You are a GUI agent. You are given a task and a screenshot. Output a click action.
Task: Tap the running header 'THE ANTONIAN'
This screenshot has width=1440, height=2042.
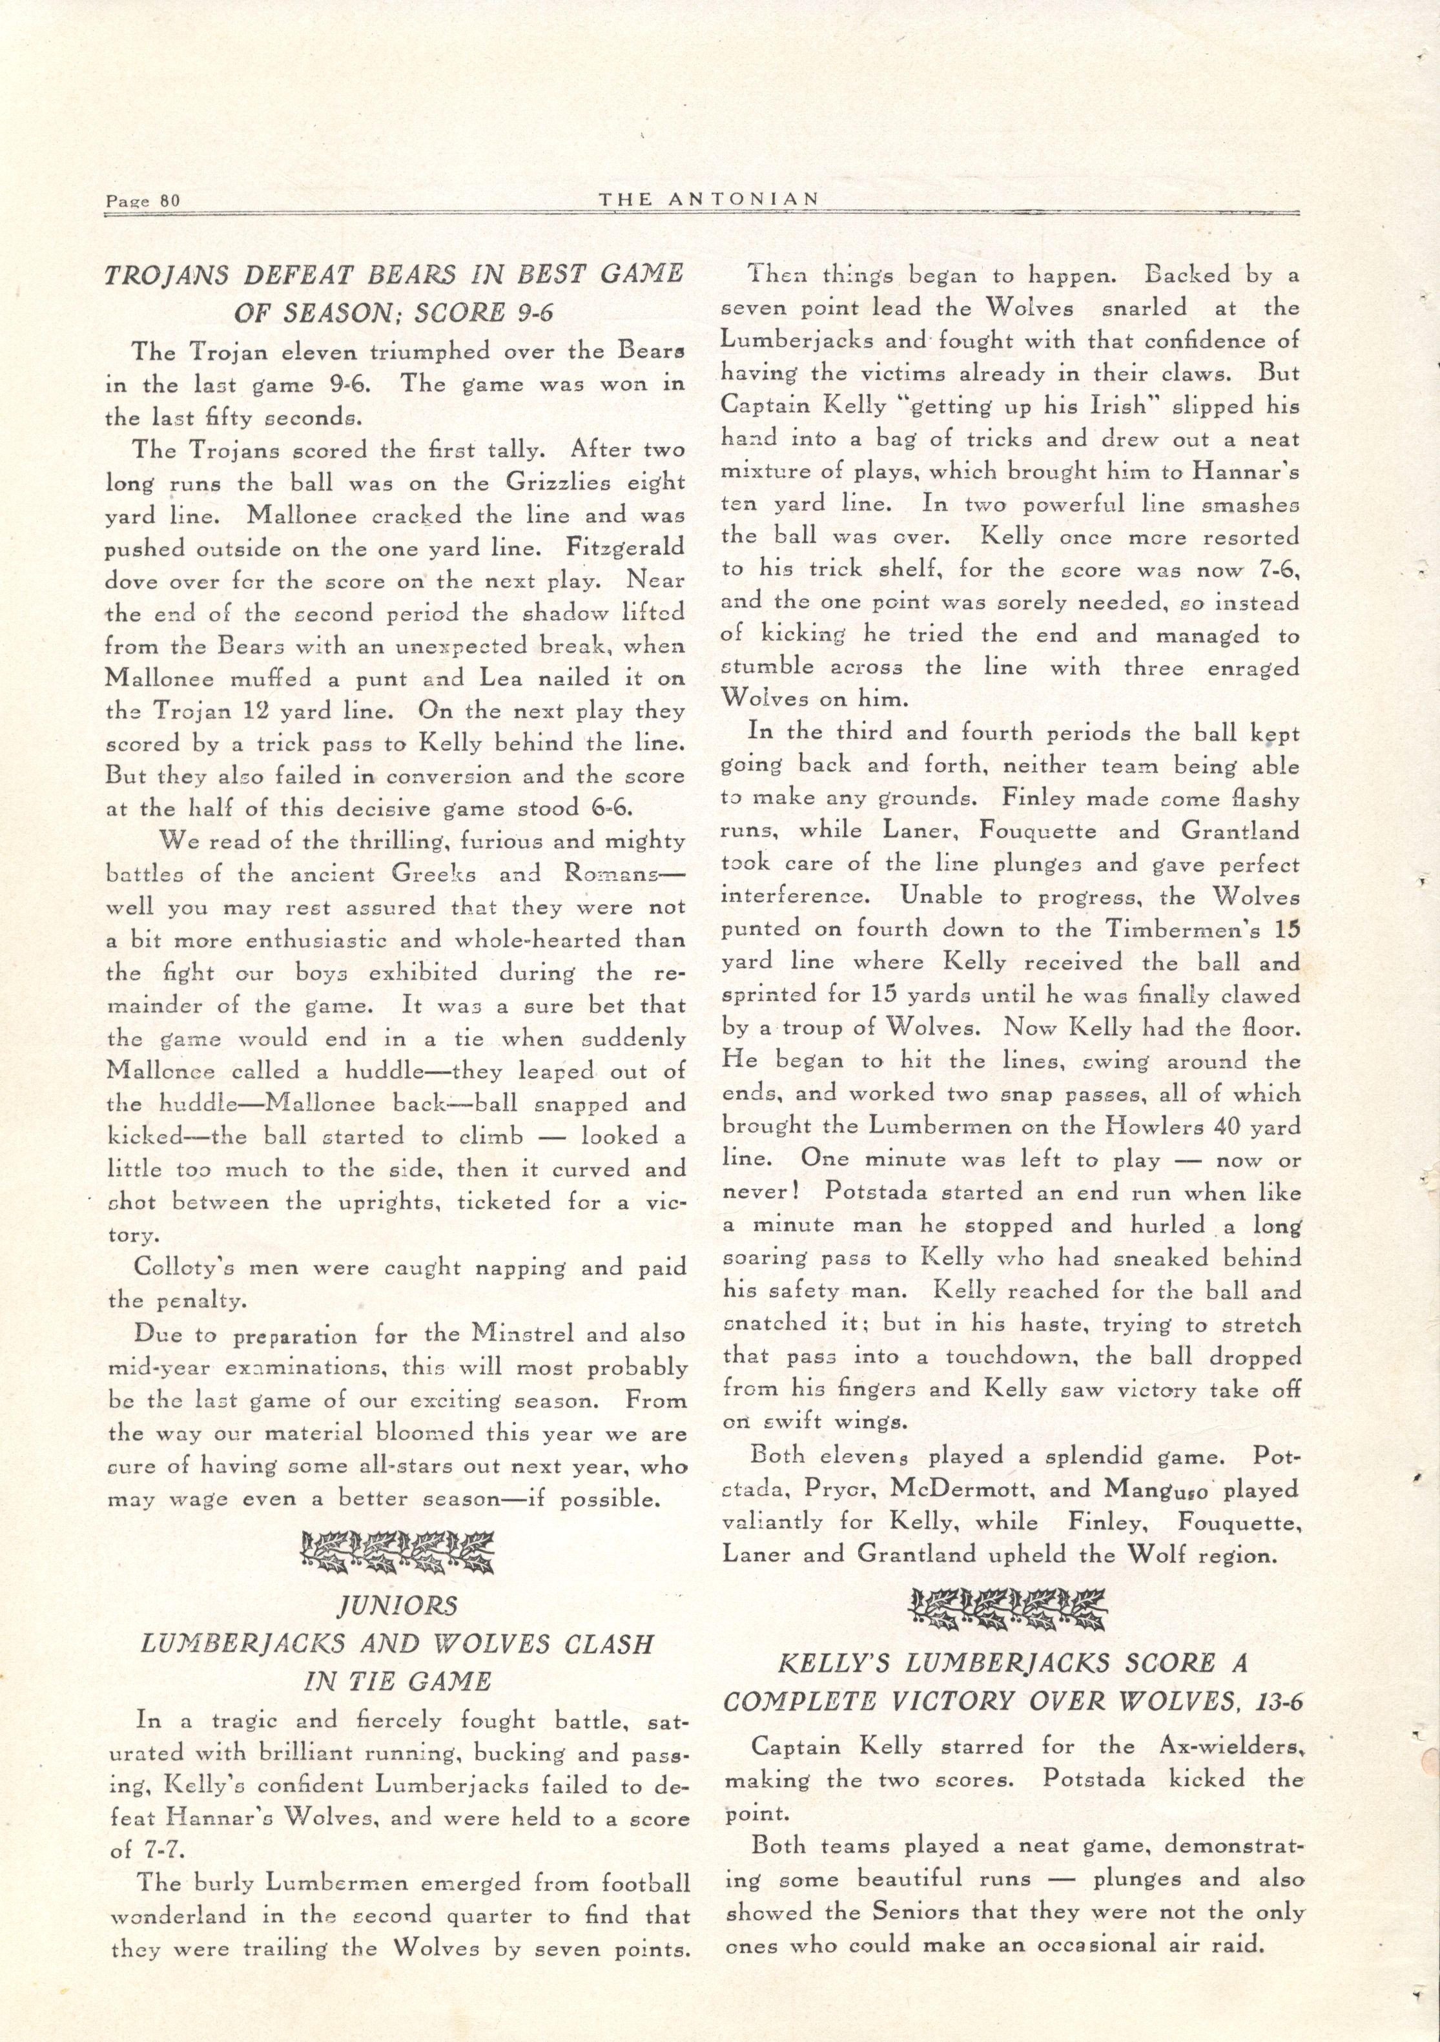(x=708, y=199)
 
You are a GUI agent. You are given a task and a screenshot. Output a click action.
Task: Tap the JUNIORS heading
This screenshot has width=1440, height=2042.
(x=396, y=1606)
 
